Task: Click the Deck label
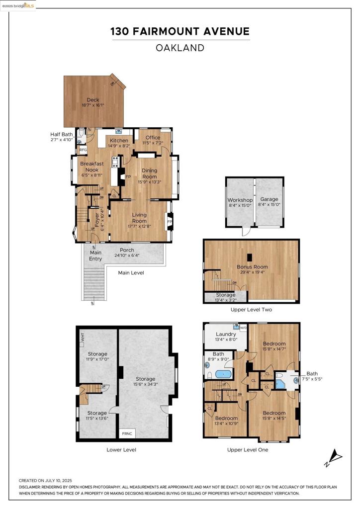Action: click(x=93, y=100)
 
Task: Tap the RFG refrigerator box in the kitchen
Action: click(x=83, y=150)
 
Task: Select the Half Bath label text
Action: click(x=62, y=134)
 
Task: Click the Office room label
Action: click(x=153, y=138)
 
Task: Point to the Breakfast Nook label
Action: click(x=92, y=167)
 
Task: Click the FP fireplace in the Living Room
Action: click(x=170, y=221)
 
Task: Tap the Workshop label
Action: click(x=240, y=200)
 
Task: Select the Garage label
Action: click(x=269, y=199)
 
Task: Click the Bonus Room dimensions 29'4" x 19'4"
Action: click(x=252, y=272)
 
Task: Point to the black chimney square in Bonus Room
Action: click(x=249, y=257)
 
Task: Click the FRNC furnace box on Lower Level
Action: click(x=127, y=433)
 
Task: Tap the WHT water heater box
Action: click(x=82, y=337)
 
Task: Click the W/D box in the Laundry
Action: click(x=243, y=328)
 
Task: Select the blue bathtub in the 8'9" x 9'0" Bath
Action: click(x=223, y=374)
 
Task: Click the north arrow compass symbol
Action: click(x=334, y=458)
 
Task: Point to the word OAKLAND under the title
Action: click(x=180, y=48)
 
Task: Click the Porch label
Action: click(x=127, y=250)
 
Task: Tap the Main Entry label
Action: click(x=95, y=255)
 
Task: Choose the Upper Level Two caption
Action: click(x=251, y=310)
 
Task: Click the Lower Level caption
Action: click(x=121, y=450)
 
